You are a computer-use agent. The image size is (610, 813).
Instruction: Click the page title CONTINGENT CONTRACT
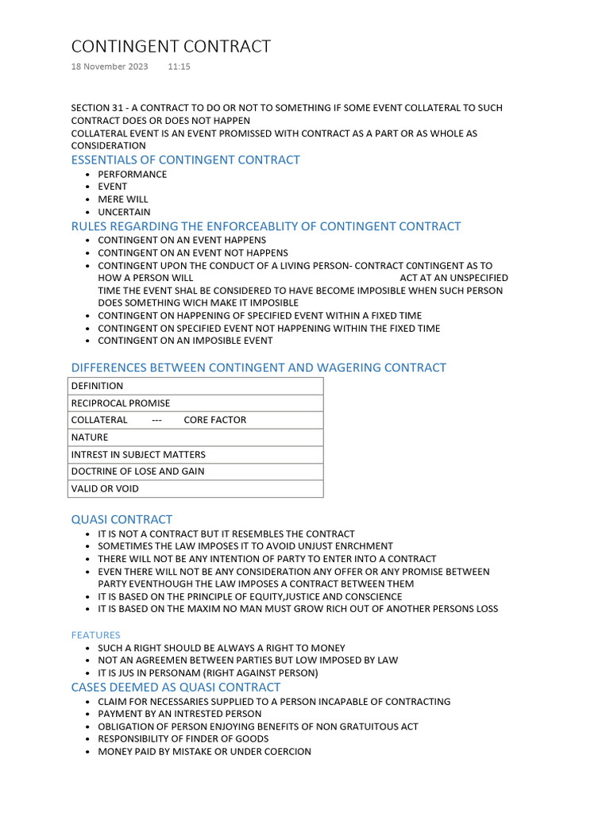[x=171, y=47]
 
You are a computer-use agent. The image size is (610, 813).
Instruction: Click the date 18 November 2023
[x=110, y=67]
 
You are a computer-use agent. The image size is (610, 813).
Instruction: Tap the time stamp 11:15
[x=179, y=67]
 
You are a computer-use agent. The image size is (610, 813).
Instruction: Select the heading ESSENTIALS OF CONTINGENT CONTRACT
[x=185, y=160]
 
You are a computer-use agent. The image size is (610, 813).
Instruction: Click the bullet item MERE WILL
[x=123, y=199]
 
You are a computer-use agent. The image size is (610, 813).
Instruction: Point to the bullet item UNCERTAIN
[x=124, y=212]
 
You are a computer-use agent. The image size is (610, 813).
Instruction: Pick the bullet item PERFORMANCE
[x=133, y=175]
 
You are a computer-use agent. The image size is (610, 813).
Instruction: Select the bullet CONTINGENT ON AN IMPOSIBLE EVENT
[x=185, y=341]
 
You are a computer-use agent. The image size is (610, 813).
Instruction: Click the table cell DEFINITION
[x=98, y=386]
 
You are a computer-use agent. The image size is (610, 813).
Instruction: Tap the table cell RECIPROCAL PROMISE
[x=121, y=403]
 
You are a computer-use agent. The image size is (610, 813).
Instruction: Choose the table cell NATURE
[x=90, y=437]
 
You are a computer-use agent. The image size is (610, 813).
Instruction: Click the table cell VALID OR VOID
[x=105, y=489]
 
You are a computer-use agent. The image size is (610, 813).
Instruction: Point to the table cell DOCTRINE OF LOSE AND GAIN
[x=137, y=472]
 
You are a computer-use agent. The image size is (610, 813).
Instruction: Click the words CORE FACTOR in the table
[x=214, y=420]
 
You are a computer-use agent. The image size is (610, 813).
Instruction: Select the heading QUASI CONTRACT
[x=122, y=520]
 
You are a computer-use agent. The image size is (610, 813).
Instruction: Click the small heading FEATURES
[x=96, y=635]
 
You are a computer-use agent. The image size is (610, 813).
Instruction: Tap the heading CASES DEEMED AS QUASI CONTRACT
[x=176, y=688]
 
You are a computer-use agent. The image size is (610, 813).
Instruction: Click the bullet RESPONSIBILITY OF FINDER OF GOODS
[x=183, y=739]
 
